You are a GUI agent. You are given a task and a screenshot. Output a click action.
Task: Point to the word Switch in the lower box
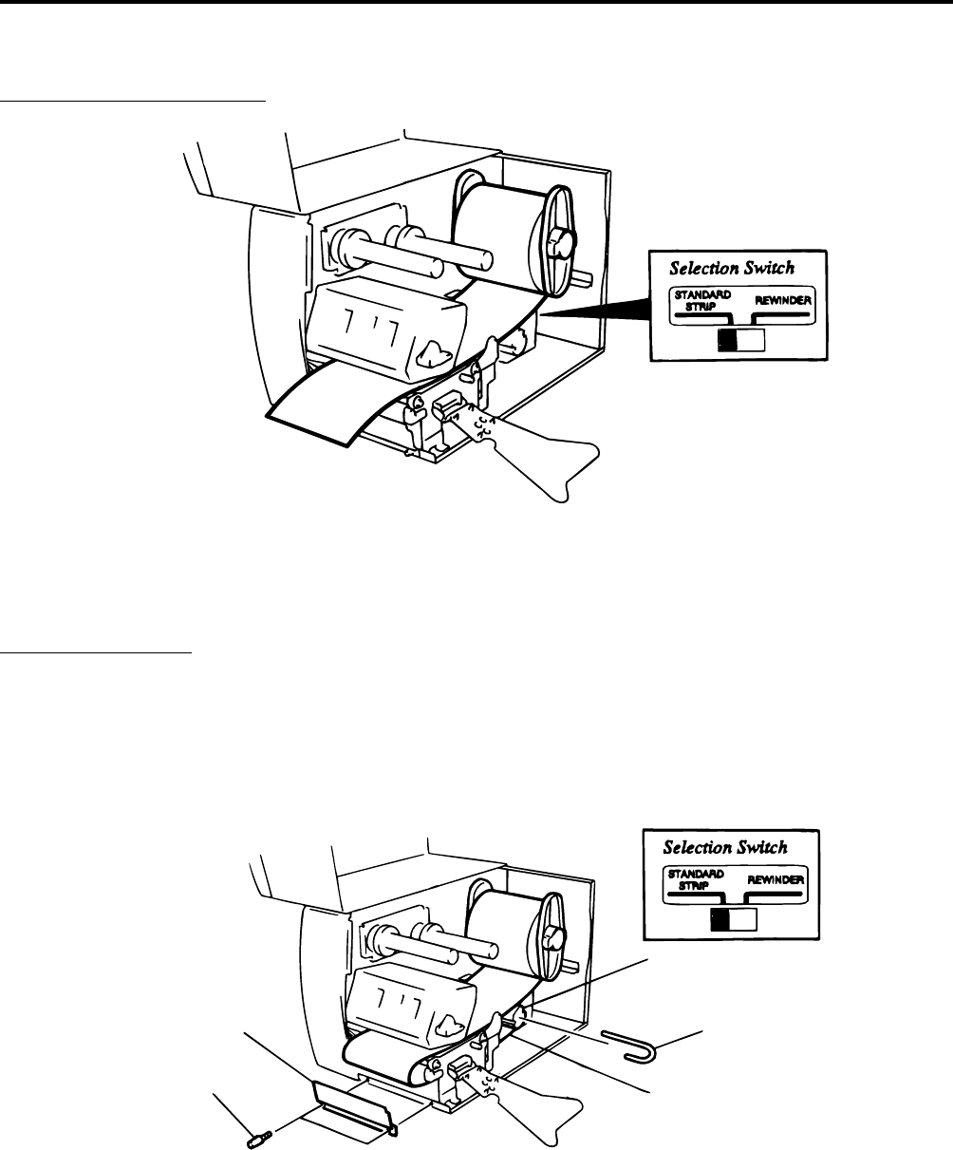[x=778, y=847]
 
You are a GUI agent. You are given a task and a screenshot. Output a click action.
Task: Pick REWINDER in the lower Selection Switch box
[x=776, y=879]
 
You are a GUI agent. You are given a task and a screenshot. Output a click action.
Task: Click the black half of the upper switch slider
[x=730, y=341]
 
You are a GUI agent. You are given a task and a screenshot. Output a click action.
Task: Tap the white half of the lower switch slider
[x=744, y=918]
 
